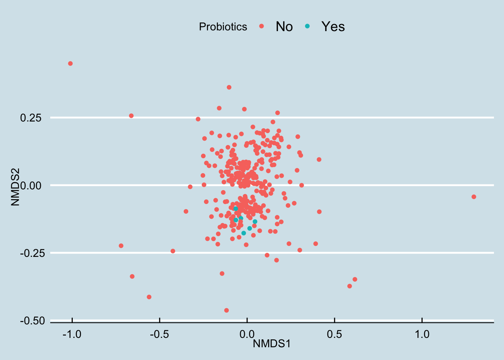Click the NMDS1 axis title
(x=271, y=343)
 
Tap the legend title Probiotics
(x=223, y=27)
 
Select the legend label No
(x=284, y=27)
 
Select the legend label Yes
(x=333, y=27)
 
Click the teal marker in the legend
(x=307, y=26)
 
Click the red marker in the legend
(x=262, y=26)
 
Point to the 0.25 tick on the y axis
(x=30, y=118)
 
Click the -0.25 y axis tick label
(x=32, y=253)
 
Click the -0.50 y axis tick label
(x=32, y=321)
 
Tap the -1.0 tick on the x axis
(x=72, y=334)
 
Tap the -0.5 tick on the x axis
(x=159, y=334)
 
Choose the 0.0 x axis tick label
(x=247, y=334)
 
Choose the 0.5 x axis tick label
(x=334, y=334)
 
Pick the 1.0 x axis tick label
(x=422, y=334)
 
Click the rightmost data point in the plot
(x=474, y=197)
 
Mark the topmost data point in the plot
(x=70, y=64)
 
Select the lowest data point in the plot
(x=226, y=310)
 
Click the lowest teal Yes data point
(x=244, y=233)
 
